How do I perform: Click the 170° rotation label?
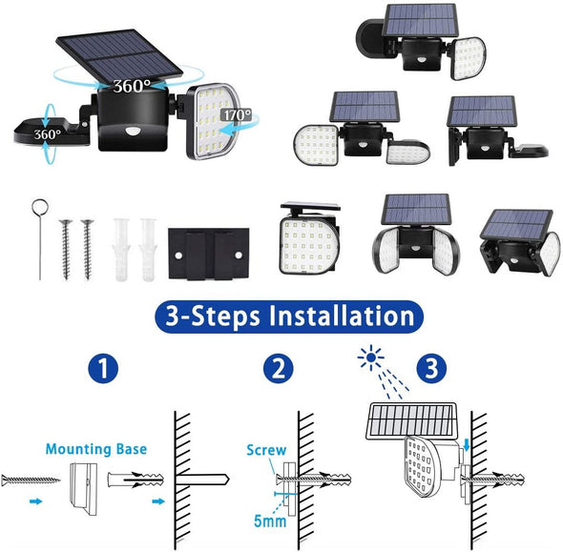[x=238, y=114]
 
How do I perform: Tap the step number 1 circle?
[x=103, y=368]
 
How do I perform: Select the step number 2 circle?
[x=279, y=368]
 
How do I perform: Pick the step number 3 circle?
[x=431, y=368]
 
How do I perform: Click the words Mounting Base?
[x=96, y=449]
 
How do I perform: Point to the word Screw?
[x=266, y=450]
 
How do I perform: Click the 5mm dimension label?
[x=270, y=521]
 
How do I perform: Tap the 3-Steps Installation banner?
[x=289, y=317]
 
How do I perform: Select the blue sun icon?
[x=371, y=357]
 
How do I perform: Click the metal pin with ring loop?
[x=40, y=239]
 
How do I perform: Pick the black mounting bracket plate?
[x=209, y=254]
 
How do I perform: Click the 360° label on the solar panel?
[x=132, y=86]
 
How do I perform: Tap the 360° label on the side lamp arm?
[x=48, y=134]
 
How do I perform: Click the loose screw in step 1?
[x=31, y=480]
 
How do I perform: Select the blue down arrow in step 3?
[x=467, y=446]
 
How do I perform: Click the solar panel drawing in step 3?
[x=411, y=421]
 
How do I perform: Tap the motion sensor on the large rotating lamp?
[x=131, y=132]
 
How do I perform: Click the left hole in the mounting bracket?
[x=178, y=256]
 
